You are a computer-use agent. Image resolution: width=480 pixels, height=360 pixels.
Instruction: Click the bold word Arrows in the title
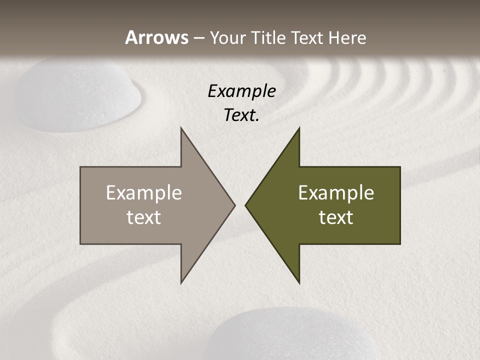(157, 37)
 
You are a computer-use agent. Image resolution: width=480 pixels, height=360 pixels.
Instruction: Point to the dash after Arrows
(199, 38)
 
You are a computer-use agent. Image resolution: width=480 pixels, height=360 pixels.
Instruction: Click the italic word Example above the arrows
(241, 91)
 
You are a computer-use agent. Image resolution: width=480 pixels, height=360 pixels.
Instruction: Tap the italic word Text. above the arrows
(241, 115)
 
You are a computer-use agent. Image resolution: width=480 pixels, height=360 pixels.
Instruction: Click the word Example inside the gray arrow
(144, 193)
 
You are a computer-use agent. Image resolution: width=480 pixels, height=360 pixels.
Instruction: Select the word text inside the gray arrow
(144, 217)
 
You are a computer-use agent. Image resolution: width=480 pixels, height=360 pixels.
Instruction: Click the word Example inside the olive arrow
(336, 193)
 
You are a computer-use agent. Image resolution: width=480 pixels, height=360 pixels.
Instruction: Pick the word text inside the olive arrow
(336, 217)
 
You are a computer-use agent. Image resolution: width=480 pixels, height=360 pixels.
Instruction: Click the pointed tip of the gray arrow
(234, 205)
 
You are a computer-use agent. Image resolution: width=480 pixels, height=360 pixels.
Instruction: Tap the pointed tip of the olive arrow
(246, 205)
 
